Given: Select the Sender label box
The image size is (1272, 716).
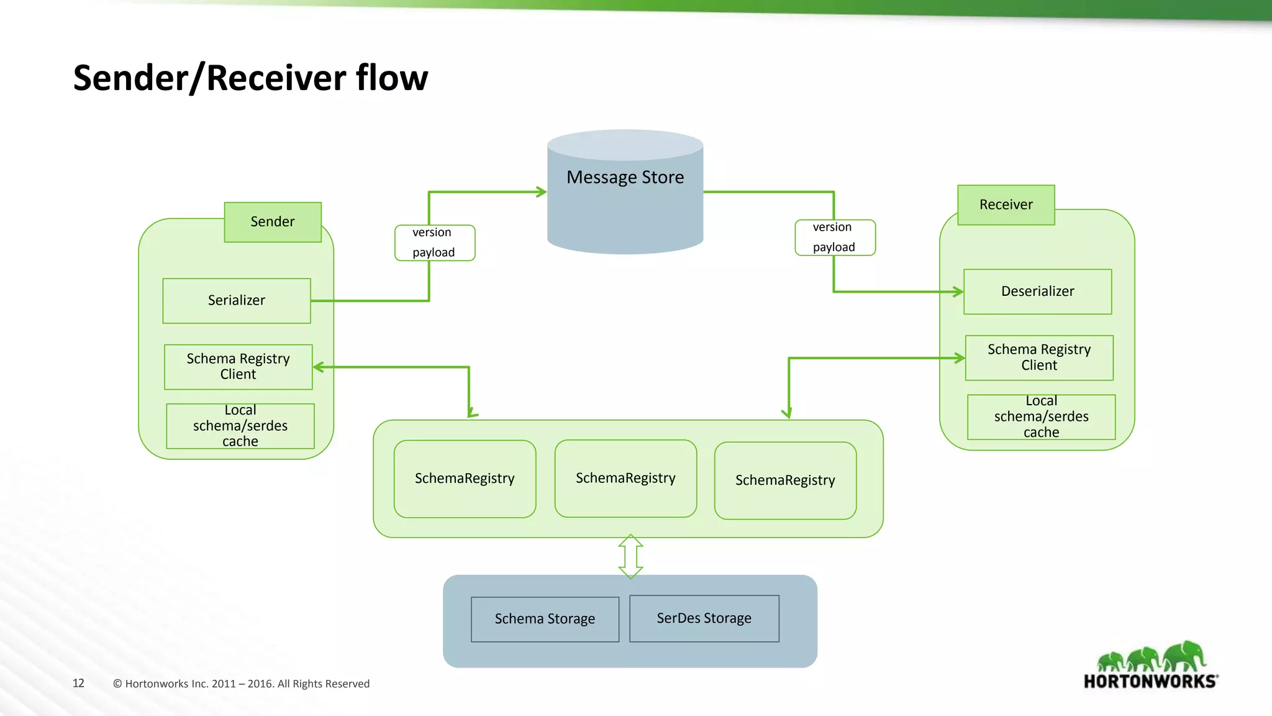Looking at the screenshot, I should tap(273, 222).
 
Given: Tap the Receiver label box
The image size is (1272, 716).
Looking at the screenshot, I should tap(1006, 205).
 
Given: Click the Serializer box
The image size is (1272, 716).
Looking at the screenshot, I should tap(237, 301).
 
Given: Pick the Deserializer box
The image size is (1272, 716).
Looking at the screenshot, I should tap(1037, 291).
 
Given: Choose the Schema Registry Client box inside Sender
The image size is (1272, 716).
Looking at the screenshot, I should tap(238, 367).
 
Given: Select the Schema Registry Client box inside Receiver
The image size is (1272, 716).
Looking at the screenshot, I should tap(1039, 357).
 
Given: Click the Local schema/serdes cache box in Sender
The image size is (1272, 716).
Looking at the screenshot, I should tap(240, 426).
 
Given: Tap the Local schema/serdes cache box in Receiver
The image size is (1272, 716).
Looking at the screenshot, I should tap(1041, 417).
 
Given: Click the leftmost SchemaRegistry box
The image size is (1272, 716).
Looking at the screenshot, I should tap(465, 479).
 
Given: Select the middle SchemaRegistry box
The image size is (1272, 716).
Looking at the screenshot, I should tap(625, 478).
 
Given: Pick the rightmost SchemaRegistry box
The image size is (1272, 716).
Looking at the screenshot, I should tap(785, 480).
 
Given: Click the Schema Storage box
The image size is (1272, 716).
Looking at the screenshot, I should tap(545, 619).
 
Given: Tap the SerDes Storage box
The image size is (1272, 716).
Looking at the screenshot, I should tap(704, 618).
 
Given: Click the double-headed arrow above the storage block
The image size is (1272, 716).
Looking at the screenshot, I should tap(630, 556).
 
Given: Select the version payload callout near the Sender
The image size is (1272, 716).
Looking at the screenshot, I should tap(434, 242).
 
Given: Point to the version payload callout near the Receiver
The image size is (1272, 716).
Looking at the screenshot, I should tap(835, 237).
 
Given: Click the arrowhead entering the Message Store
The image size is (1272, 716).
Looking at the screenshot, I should tap(541, 192).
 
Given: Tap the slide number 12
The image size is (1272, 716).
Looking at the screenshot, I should tap(78, 683).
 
